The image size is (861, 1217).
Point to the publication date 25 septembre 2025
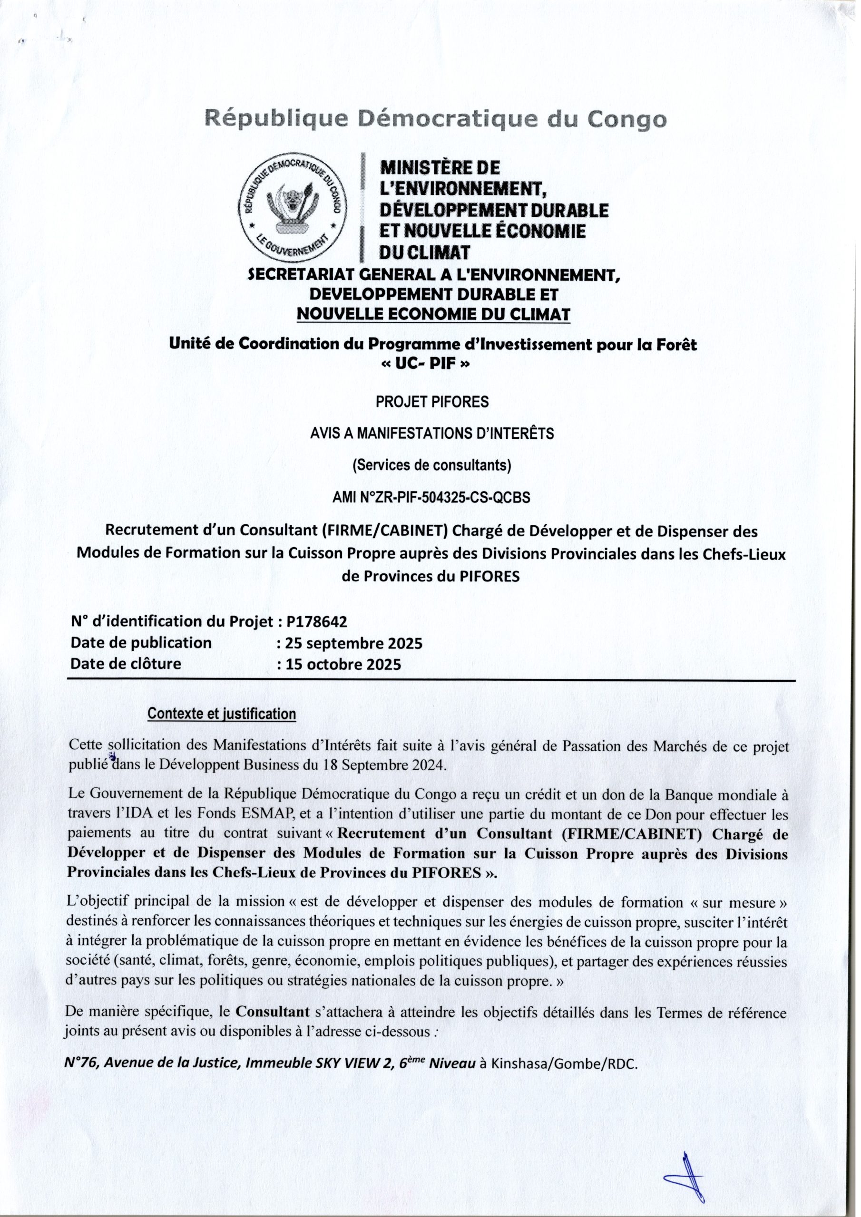tap(353, 644)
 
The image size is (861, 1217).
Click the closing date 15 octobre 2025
tap(342, 664)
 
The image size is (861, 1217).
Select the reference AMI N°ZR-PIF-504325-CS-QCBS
tap(431, 498)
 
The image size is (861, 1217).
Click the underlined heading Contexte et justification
tap(221, 714)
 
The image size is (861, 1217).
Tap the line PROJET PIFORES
tap(432, 402)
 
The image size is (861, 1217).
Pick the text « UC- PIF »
tap(432, 365)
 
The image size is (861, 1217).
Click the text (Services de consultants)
tap(432, 465)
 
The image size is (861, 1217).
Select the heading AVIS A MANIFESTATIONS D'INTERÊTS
tap(432, 434)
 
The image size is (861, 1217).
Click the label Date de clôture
tap(126, 664)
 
